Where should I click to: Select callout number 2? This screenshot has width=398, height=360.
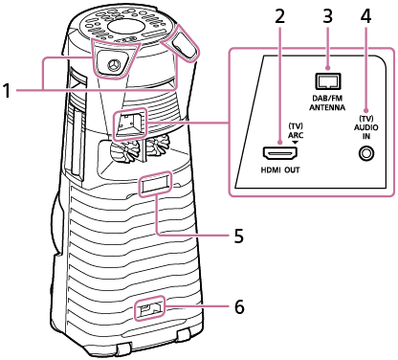[279, 16]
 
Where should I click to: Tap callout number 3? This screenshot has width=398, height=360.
[327, 16]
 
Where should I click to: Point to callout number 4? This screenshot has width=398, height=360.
[365, 16]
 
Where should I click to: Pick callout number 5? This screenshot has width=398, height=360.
[239, 236]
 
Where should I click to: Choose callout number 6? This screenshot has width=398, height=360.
[239, 307]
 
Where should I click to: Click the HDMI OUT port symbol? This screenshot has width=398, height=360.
[279, 154]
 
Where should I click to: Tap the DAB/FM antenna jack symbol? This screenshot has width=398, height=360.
[327, 81]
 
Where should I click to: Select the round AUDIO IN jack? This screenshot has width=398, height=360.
[365, 154]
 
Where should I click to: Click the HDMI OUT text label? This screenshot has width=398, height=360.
[280, 170]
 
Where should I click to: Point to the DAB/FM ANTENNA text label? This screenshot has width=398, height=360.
[327, 102]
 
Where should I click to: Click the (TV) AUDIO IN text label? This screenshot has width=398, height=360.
[366, 127]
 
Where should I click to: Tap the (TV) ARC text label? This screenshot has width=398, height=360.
[296, 130]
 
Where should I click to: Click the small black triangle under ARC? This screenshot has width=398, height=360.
[296, 142]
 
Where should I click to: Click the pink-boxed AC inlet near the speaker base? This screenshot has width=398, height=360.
[149, 308]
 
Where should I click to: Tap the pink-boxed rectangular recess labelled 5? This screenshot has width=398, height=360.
[154, 184]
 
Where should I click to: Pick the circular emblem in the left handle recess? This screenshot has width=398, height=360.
[113, 65]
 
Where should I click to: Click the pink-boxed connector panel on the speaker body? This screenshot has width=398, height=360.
[130, 124]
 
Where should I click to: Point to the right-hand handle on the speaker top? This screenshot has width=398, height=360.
[185, 45]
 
